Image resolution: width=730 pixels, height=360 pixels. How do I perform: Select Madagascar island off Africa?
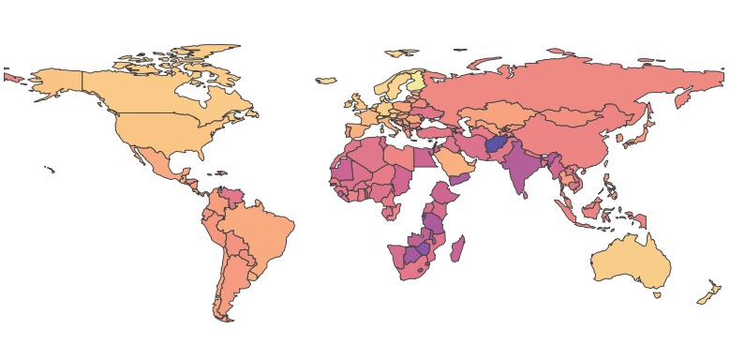pos(458,249)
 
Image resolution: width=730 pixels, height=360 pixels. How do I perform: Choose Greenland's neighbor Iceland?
pos(326,80)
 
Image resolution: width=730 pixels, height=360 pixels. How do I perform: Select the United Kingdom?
pos(357,102)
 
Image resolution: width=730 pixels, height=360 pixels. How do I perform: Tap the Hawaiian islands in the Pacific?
pos(49,169)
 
